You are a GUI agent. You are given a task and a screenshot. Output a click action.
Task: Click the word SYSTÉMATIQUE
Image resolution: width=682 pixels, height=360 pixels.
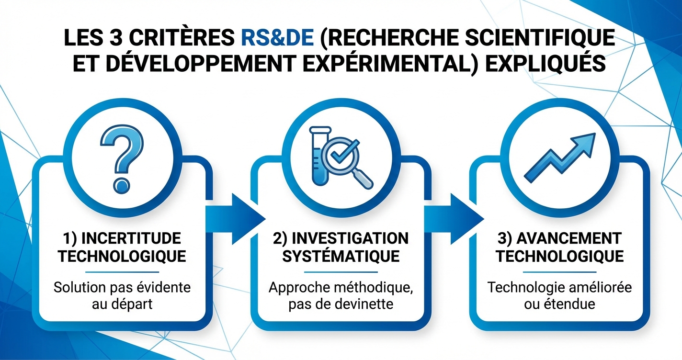tap(341, 256)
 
